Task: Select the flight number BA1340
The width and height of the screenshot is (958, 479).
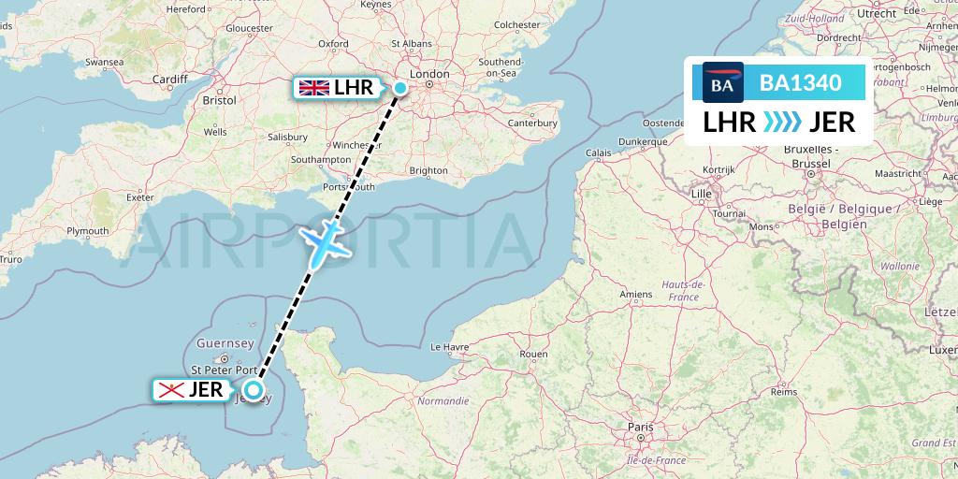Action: click(x=800, y=83)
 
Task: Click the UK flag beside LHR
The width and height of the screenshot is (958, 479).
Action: click(x=313, y=88)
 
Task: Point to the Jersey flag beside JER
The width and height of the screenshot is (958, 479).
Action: click(x=170, y=390)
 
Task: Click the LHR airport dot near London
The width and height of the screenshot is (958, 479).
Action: click(x=399, y=89)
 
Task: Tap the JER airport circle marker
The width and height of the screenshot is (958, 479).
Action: click(x=253, y=391)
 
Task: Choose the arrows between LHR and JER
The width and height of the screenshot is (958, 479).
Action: click(x=783, y=123)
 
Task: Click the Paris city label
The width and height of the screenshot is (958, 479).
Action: click(x=641, y=426)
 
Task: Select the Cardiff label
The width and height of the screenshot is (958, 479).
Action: click(x=170, y=80)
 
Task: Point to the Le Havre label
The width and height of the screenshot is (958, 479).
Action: click(x=448, y=346)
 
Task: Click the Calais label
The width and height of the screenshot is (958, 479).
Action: click(x=599, y=152)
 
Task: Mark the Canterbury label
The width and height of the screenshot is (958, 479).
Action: click(x=532, y=123)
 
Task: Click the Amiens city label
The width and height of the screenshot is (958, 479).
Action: click(x=635, y=295)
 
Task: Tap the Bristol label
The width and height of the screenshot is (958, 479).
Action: click(x=218, y=99)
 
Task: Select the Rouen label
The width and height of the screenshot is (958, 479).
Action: click(x=532, y=354)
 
